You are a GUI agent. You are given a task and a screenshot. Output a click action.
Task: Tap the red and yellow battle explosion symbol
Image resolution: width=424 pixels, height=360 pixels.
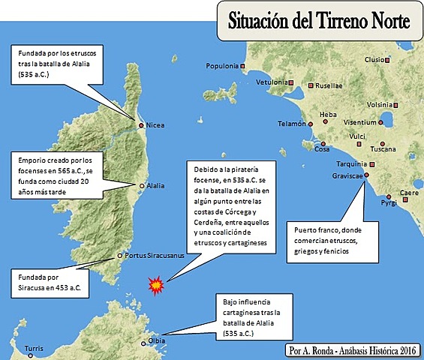pos(156,284)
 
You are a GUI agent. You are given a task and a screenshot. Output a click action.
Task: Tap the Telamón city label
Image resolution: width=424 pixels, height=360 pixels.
pos(291,124)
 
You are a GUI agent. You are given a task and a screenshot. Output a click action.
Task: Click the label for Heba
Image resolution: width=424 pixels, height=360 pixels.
pos(328,115)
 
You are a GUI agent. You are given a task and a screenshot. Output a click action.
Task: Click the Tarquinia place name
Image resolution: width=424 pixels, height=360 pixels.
pos(349,163)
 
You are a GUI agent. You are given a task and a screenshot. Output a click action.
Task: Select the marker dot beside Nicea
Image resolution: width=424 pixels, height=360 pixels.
pos(140,124)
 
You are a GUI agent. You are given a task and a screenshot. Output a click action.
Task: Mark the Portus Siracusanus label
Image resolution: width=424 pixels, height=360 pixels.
pos(155,254)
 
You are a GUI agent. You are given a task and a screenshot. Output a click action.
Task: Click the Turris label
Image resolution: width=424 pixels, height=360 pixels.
pos(34,349)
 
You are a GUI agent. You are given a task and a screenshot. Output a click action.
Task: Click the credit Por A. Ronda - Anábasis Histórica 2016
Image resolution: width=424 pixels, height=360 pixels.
pos(352,350)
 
